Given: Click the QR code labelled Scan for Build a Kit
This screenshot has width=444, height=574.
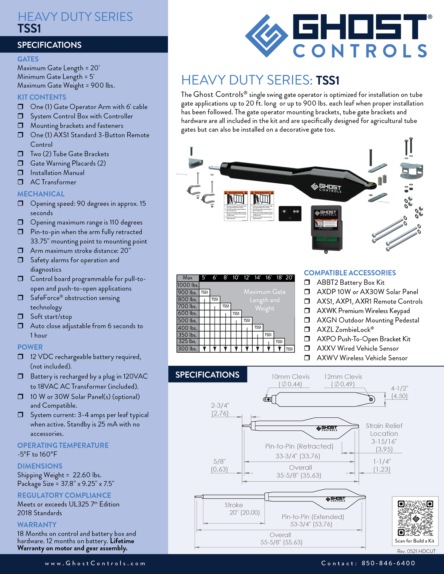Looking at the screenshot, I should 415,518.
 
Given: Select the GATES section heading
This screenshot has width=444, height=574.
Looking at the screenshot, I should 28,59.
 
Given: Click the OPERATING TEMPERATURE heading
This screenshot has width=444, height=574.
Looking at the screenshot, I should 63,445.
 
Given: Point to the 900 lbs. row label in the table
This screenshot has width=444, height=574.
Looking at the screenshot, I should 188,292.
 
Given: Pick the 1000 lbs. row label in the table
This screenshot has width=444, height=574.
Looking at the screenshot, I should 188,285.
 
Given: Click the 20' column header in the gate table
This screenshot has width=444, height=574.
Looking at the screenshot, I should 289,278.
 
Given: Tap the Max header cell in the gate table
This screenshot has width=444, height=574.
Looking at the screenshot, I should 188,278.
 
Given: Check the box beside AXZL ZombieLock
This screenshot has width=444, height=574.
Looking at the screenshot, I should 307,329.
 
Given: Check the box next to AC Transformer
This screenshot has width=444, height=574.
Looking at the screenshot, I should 21,182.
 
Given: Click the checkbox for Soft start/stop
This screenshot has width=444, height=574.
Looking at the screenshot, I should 21,317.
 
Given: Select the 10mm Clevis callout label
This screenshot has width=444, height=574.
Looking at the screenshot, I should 290,377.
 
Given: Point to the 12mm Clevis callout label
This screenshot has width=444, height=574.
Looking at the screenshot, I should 343,377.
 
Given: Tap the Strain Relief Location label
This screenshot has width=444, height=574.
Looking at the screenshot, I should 384,429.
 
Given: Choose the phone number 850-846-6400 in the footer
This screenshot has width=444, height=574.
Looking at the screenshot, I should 388,563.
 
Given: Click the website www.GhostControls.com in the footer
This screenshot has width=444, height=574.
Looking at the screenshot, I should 95,564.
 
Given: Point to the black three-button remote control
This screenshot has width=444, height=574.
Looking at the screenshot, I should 290,213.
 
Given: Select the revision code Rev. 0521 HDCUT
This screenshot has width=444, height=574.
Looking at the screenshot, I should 416,551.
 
